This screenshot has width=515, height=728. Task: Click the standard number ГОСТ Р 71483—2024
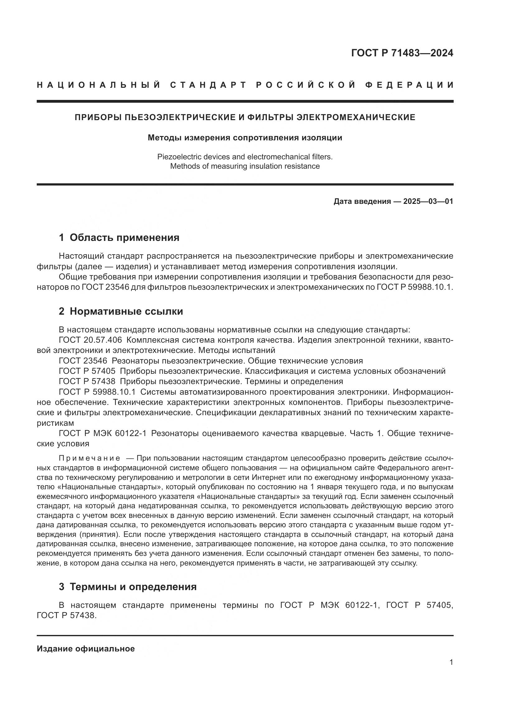pyautogui.click(x=402, y=53)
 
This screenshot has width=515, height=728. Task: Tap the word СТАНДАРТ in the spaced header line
pyautogui.click(x=209, y=85)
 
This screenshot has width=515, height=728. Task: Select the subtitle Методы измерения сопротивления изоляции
pyautogui.click(x=245, y=138)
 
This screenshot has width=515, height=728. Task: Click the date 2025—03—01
pyautogui.click(x=428, y=201)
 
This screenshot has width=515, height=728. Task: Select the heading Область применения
pyautogui.click(x=124, y=237)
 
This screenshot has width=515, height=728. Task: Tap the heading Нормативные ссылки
pyautogui.click(x=126, y=311)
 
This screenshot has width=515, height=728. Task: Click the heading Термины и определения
pyautogui.click(x=133, y=587)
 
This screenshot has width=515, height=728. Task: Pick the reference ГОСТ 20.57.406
pyautogui.click(x=90, y=340)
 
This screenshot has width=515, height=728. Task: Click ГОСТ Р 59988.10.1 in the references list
pyautogui.click(x=97, y=392)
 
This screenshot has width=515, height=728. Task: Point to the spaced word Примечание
pyautogui.click(x=90, y=458)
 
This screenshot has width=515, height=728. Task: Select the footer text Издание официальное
pyautogui.click(x=86, y=649)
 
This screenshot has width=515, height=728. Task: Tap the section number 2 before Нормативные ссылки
pyautogui.click(x=61, y=311)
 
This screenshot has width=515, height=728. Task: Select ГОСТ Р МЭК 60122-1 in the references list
pyautogui.click(x=103, y=434)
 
